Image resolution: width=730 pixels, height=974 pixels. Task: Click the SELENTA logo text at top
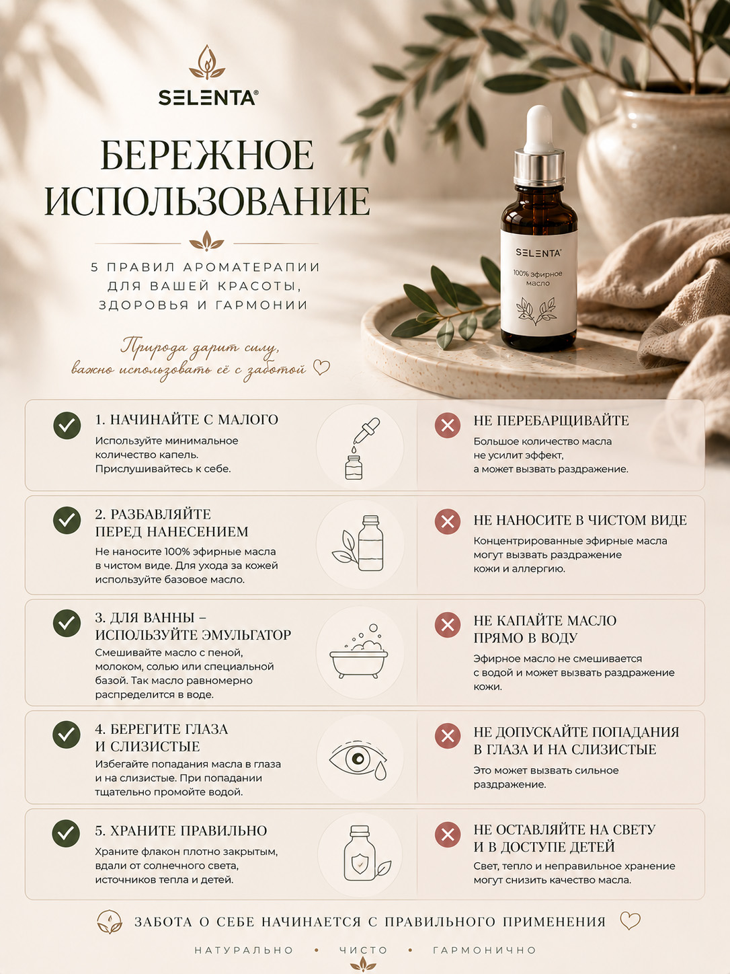pos(208,98)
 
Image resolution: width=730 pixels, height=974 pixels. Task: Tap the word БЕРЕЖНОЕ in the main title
pos(208,155)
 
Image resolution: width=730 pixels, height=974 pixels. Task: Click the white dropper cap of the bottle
pos(539,130)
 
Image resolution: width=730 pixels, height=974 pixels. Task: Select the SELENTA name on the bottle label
pos(538,253)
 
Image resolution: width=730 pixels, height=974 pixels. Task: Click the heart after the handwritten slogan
pos(321,367)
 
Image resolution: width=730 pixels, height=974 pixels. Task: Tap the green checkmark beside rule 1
pos(67,426)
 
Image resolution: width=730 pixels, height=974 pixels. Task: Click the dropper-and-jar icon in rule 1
pos(360,448)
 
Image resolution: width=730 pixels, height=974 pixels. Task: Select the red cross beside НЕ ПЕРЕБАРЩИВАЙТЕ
pos(448,426)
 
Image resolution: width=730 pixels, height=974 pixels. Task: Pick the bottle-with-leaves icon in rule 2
pos(359,543)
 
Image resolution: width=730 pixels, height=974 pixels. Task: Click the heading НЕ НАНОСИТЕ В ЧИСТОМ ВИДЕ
pos(579,520)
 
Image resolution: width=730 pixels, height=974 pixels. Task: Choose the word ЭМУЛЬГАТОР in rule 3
pos(247,635)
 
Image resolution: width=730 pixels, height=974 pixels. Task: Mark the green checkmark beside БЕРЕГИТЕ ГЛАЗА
pos(67,735)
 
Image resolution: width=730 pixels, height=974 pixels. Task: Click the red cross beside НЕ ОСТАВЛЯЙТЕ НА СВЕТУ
pos(448,835)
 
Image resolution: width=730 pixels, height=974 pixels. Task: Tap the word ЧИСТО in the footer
pos(364,950)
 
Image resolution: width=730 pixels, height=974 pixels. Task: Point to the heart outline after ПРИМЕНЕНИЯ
pos(630,921)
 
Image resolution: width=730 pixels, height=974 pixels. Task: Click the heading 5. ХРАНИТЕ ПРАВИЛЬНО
pos(181,831)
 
